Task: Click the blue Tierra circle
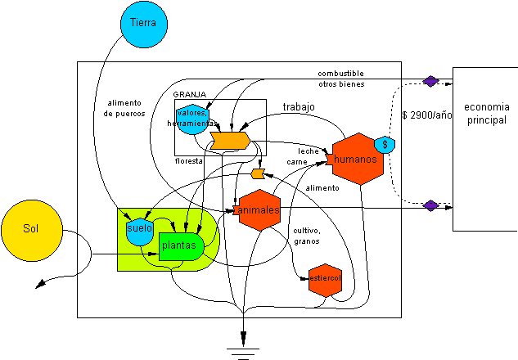point(143,22)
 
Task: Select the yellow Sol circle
point(32,231)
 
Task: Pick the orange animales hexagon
point(259,210)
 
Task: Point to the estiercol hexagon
point(324,280)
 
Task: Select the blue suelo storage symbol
point(139,228)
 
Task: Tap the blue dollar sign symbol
point(385,144)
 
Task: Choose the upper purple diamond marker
point(430,80)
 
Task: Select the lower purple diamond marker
point(430,205)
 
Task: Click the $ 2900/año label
point(426,115)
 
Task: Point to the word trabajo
point(299,107)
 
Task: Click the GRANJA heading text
point(190,95)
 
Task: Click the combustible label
point(342,74)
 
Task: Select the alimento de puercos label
point(125,108)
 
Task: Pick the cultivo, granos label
point(308,236)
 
